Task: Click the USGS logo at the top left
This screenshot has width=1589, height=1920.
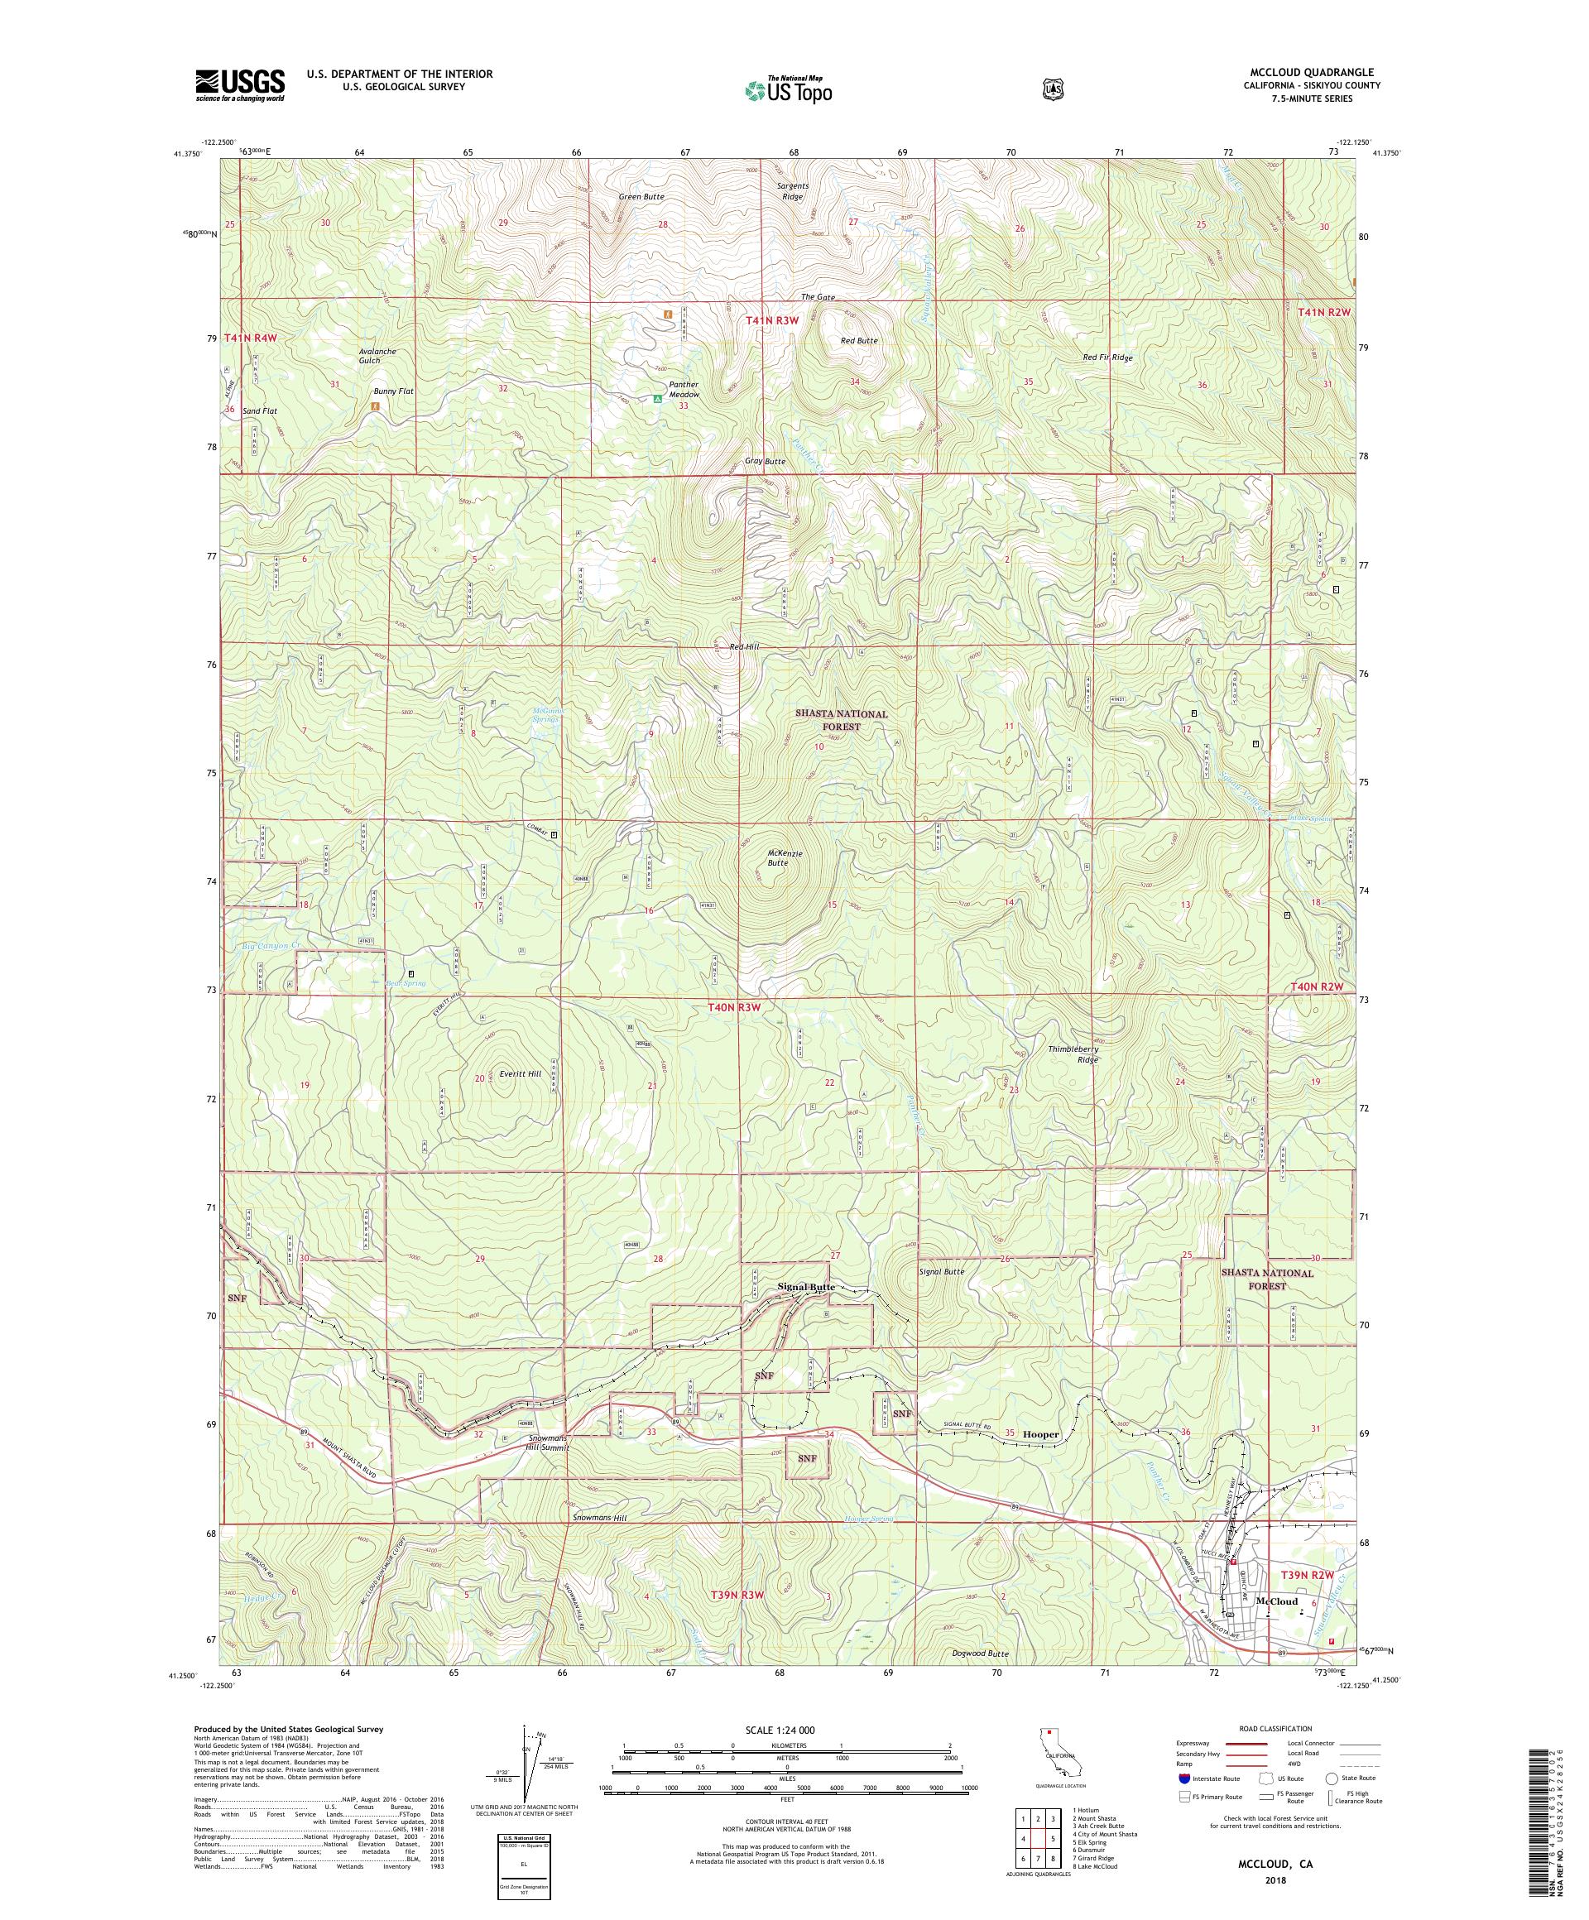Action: click(239, 86)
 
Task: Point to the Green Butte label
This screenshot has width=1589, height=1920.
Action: click(641, 197)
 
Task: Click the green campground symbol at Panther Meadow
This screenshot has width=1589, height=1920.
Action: click(656, 399)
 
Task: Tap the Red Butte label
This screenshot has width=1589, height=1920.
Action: click(858, 340)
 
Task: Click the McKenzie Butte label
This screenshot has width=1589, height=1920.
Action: click(785, 857)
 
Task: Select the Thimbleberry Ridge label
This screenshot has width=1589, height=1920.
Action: click(1073, 1054)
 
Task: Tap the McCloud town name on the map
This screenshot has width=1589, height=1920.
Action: click(1277, 1601)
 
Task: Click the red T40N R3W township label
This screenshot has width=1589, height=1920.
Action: click(734, 1006)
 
